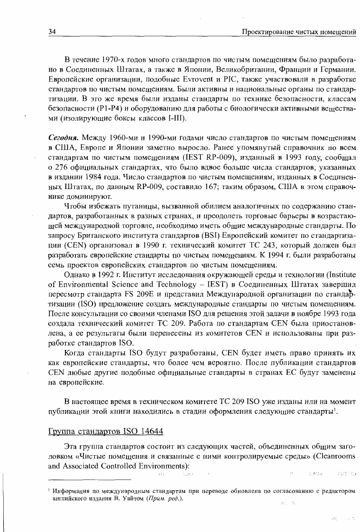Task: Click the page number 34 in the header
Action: (53, 32)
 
